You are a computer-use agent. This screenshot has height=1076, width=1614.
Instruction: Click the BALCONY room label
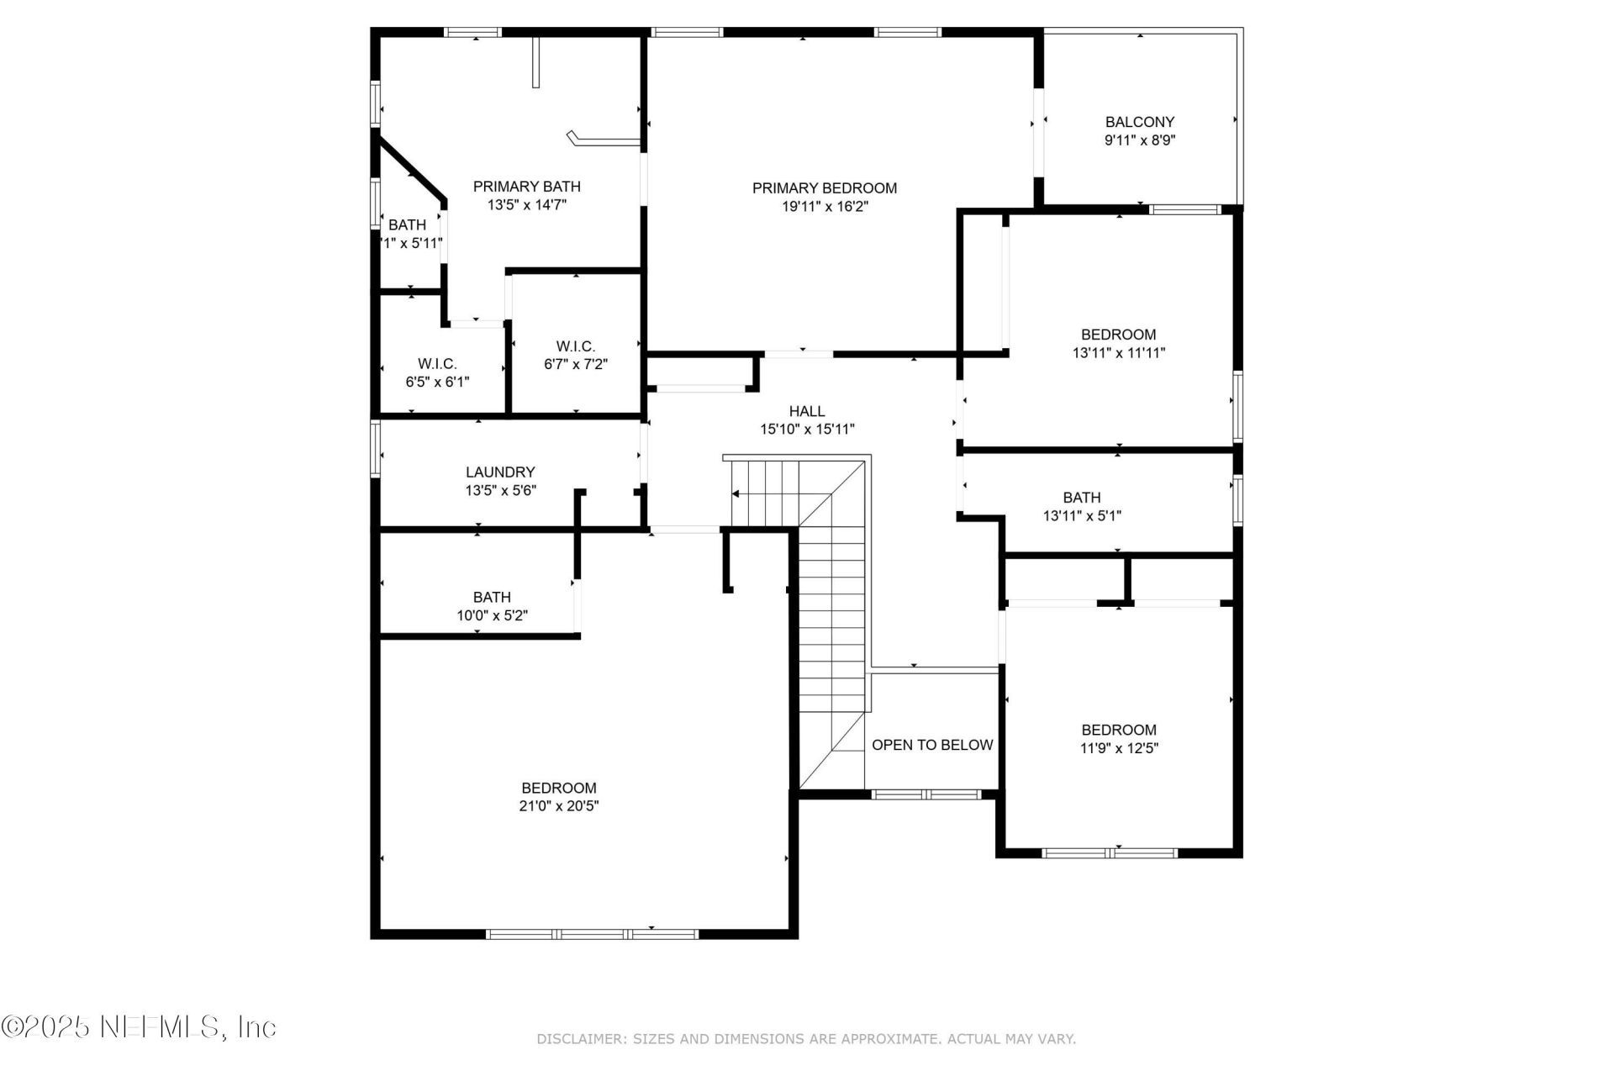tap(1139, 122)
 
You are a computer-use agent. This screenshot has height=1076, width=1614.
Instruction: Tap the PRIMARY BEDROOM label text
tap(824, 188)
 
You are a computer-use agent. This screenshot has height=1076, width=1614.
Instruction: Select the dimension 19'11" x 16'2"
tap(824, 207)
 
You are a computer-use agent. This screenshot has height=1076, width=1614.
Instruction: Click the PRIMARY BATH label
tap(526, 187)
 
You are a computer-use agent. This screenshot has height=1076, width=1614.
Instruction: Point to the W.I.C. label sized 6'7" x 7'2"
tap(575, 346)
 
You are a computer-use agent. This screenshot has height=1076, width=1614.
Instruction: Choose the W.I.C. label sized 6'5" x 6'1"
tap(437, 364)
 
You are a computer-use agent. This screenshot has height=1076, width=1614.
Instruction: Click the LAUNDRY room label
tap(500, 472)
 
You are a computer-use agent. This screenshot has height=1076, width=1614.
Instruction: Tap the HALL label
tap(806, 411)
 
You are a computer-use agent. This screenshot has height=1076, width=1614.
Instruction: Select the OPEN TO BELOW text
tap(931, 745)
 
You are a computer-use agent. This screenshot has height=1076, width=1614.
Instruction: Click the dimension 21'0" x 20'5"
tap(558, 806)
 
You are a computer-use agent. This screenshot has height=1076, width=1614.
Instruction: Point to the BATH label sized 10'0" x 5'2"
tap(492, 597)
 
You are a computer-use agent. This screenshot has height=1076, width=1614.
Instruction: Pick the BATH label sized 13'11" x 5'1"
tap(1081, 498)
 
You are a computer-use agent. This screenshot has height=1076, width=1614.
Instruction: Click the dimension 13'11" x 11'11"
tap(1118, 353)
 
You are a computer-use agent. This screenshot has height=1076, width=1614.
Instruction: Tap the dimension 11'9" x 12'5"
tap(1118, 748)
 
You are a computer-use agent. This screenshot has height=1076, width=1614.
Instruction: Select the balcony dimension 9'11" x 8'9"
tap(1139, 140)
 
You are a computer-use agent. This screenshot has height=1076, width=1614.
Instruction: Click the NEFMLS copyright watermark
tap(139, 1026)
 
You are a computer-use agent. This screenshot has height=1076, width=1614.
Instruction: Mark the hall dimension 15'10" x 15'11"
tap(806, 430)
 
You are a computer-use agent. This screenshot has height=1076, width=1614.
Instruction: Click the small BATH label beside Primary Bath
tap(407, 225)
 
